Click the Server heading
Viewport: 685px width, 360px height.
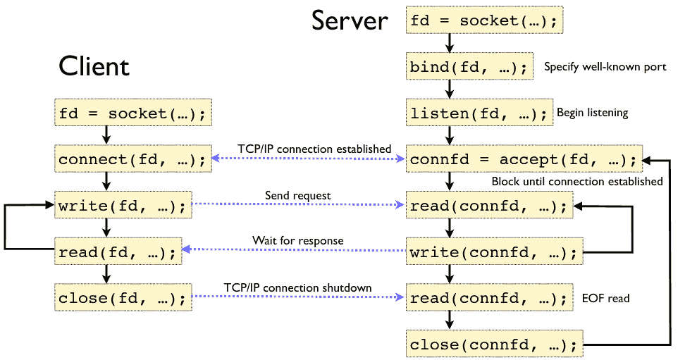(350, 20)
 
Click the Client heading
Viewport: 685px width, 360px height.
(94, 66)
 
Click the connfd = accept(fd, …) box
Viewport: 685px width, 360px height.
(524, 160)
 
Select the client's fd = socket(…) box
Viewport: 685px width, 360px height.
(132, 113)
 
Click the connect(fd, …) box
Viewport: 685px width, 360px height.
(132, 160)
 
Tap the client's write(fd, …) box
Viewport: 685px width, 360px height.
(123, 206)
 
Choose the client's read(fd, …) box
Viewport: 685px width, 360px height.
(118, 252)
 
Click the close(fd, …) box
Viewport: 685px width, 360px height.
(123, 298)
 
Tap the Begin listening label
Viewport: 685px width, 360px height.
(592, 113)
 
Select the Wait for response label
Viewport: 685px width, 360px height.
(298, 241)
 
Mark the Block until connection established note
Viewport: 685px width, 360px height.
(576, 182)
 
